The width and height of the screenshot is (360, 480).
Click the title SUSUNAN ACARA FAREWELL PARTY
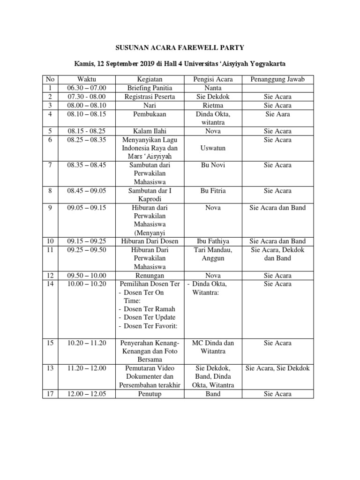tap(180, 47)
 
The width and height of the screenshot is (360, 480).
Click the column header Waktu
tap(87, 79)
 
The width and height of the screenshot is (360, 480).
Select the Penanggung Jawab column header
tap(277, 79)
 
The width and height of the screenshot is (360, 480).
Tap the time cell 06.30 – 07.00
tap(87, 88)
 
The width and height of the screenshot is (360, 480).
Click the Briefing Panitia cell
tap(150, 88)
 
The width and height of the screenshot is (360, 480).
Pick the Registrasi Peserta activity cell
tap(150, 97)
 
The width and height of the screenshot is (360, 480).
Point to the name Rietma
tap(212, 105)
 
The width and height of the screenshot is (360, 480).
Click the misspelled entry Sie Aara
tap(277, 114)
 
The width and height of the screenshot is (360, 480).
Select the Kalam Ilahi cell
tap(150, 131)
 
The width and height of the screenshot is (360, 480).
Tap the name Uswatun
tap(212, 148)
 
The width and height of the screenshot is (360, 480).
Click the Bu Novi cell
tap(212, 165)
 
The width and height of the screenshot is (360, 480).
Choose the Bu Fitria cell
tap(212, 191)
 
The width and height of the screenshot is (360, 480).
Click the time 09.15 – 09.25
tap(87, 241)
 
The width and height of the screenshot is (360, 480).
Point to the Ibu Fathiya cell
tap(212, 241)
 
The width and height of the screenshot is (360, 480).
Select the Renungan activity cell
tap(150, 276)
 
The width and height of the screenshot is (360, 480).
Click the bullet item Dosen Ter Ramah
tap(150, 309)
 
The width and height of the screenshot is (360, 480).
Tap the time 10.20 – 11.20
tap(87, 343)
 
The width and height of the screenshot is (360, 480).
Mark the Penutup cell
tap(150, 394)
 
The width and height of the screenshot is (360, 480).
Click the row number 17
tap(50, 394)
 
